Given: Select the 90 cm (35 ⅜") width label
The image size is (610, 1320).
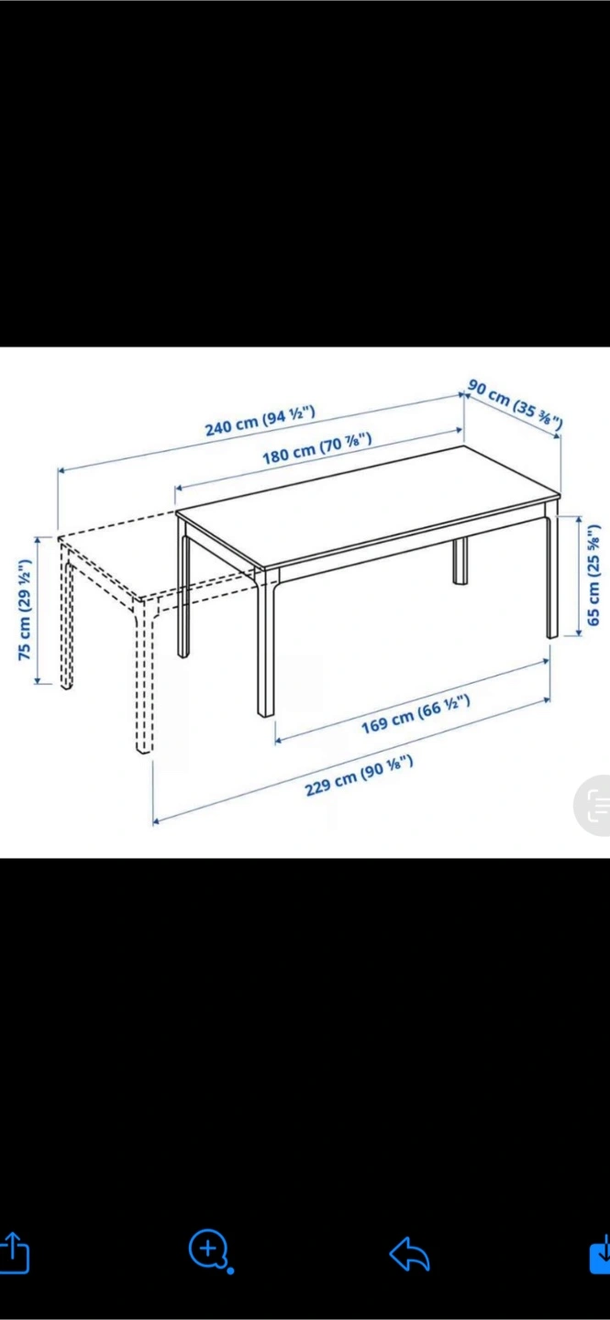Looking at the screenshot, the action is click(x=515, y=403).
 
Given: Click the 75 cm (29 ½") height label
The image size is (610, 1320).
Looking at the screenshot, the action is click(x=24, y=610).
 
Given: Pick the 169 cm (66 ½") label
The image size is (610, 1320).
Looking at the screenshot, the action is click(x=416, y=714).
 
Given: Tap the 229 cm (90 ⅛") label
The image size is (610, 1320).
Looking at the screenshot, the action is click(x=359, y=776).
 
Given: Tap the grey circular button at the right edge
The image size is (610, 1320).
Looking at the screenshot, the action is click(x=593, y=806).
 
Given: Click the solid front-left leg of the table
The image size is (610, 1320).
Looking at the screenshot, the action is click(x=267, y=643).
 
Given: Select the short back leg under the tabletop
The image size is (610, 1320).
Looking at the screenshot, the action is click(x=460, y=560).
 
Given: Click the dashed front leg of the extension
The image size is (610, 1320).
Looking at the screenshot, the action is click(x=144, y=676).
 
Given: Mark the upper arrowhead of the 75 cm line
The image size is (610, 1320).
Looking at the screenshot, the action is click(x=38, y=540).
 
